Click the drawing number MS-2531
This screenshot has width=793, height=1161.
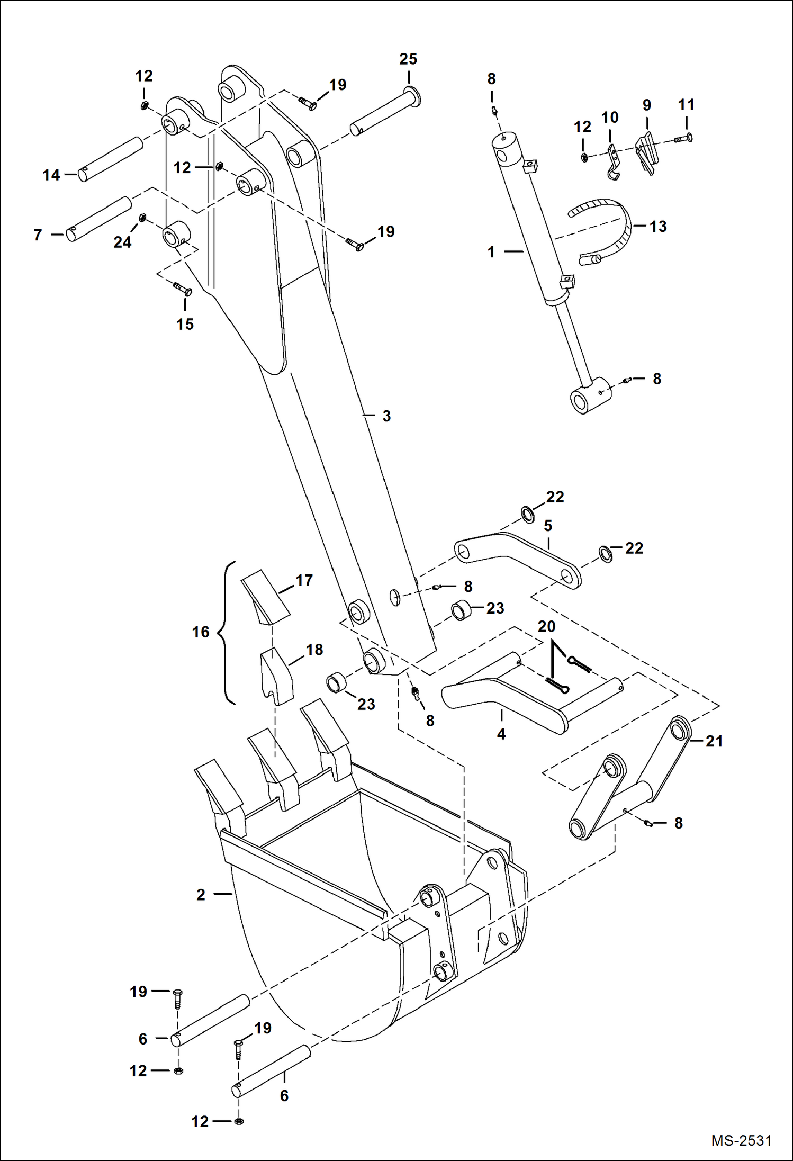(x=741, y=1140)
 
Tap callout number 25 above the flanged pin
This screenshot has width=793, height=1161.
(x=408, y=59)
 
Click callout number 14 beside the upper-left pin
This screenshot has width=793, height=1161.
(x=51, y=175)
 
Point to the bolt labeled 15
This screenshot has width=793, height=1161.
(x=183, y=289)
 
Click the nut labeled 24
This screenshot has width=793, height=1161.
(x=142, y=218)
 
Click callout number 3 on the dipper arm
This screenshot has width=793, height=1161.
(x=386, y=416)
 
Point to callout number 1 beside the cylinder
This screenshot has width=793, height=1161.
(x=491, y=252)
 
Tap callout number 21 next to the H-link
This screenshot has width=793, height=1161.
(x=714, y=741)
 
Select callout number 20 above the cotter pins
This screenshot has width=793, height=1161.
(x=546, y=627)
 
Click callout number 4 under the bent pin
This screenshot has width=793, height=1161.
(x=501, y=734)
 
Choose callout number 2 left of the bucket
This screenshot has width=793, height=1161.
(x=201, y=895)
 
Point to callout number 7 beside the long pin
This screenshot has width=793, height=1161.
(x=38, y=235)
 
